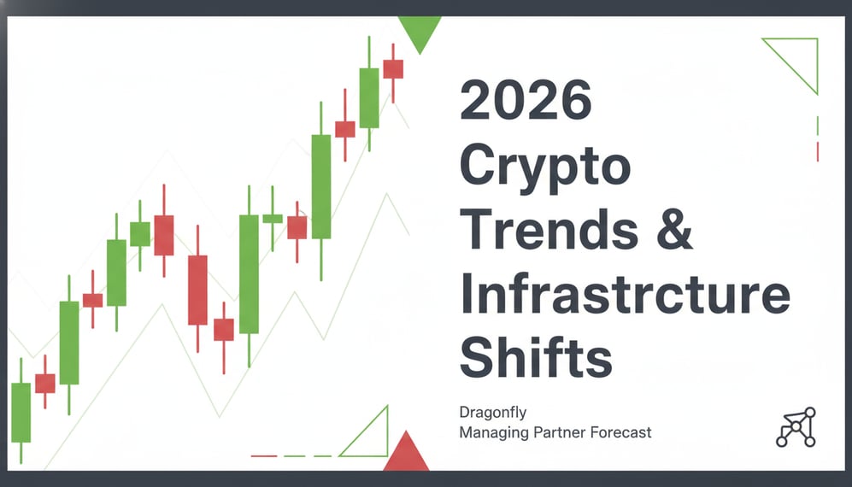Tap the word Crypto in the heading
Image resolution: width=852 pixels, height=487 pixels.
[x=544, y=167]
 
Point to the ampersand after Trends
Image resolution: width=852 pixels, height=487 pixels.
[x=677, y=230]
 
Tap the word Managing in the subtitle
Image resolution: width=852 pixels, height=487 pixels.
[x=493, y=432]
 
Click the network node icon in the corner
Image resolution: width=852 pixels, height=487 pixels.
[x=796, y=427]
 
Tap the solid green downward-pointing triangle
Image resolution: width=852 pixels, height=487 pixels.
[x=419, y=32]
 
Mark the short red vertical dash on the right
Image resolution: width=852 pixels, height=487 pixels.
[x=818, y=151]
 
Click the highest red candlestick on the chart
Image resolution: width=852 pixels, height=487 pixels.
[x=393, y=68]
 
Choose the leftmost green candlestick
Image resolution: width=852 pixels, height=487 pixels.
[x=21, y=412]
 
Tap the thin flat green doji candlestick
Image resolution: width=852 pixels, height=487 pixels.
[x=273, y=219]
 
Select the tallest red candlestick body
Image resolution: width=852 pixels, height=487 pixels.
[x=197, y=290]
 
